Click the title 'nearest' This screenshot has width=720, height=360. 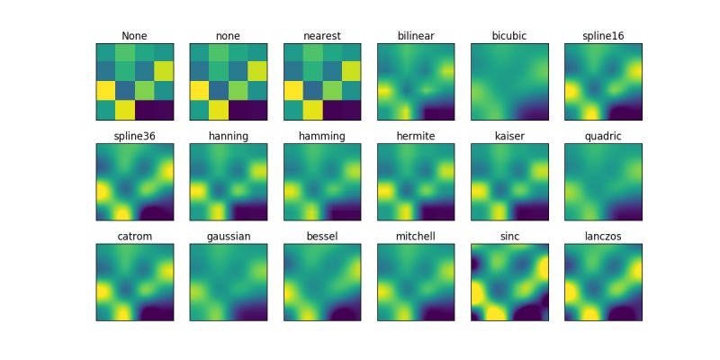321,36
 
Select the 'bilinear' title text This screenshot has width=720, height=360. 416,36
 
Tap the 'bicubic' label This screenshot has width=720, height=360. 509,36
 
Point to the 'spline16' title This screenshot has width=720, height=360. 603,36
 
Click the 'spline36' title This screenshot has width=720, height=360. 135,136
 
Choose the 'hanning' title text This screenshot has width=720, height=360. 229,136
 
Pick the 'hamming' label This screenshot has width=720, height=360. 321,136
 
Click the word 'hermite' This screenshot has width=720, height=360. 416,136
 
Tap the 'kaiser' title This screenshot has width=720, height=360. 509,136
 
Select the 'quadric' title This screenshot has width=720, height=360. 603,136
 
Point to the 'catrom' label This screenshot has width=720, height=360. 135,236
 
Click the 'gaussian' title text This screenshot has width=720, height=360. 229,236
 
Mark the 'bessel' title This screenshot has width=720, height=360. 321,236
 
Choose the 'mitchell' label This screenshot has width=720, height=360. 416,236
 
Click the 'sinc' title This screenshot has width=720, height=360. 509,236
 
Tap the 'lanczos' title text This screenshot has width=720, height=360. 603,236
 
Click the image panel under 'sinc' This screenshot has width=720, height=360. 509,282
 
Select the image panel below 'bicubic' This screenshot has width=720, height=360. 509,82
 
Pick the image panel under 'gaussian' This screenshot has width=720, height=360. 229,282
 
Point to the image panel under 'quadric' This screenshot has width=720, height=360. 603,182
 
